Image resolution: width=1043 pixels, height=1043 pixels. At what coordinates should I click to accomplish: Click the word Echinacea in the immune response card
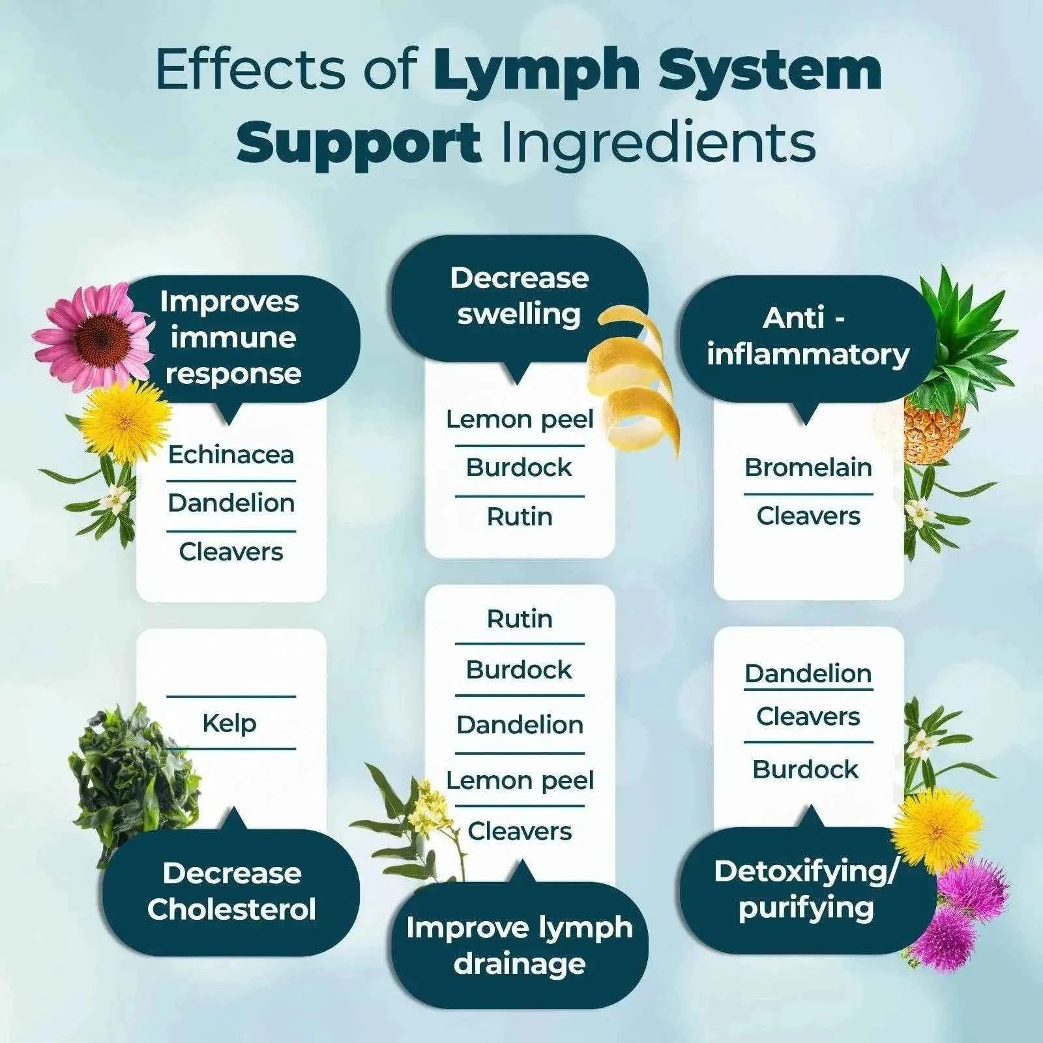click(x=231, y=455)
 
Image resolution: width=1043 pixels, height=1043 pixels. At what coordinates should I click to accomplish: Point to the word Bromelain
click(x=808, y=467)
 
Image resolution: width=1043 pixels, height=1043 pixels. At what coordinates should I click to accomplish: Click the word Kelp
click(x=229, y=723)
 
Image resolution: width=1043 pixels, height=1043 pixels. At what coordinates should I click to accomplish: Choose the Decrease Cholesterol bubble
click(x=231, y=891)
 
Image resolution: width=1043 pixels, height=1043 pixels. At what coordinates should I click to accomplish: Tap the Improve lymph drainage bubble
click(x=519, y=945)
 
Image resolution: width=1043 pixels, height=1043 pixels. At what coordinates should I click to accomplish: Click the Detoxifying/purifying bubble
click(x=806, y=890)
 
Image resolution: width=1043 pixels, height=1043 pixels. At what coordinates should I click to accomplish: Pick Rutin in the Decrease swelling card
click(x=520, y=517)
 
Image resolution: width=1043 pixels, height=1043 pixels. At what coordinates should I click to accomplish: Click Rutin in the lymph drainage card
click(x=520, y=619)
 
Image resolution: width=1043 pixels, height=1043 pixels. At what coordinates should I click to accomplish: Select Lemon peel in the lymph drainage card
click(x=520, y=780)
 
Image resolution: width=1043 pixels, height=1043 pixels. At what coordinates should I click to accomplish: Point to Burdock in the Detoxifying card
click(x=805, y=770)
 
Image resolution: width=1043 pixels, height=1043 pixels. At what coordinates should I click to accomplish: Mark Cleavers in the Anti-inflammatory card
click(x=808, y=516)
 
